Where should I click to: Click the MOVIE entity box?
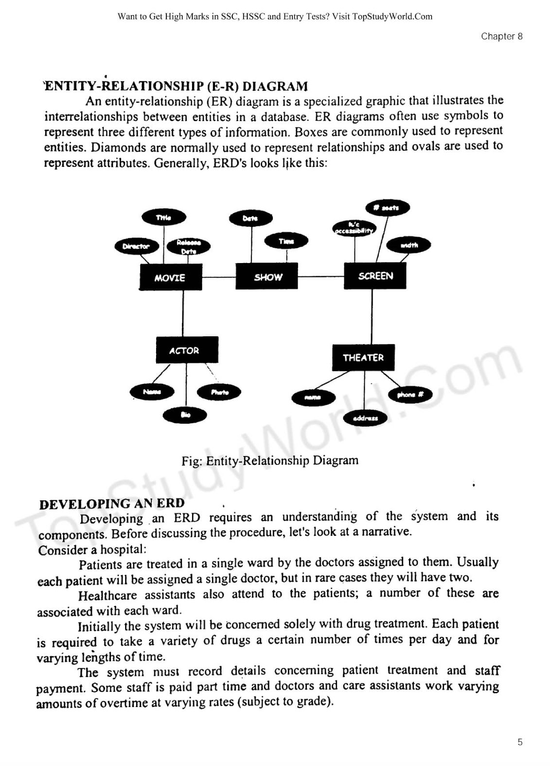click(170, 278)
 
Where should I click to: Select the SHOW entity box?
click(267, 277)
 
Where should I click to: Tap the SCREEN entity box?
click(375, 276)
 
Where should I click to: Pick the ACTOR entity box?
click(187, 350)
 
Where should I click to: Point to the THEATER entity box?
click(363, 357)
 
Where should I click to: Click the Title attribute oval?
click(164, 217)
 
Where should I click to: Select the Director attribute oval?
click(137, 246)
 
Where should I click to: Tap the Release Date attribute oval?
click(188, 247)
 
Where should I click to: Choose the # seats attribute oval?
click(388, 208)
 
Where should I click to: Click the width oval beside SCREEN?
click(409, 245)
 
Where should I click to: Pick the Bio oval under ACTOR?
click(185, 415)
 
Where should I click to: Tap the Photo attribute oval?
click(219, 392)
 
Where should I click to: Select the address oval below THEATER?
click(365, 418)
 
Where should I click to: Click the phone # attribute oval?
click(410, 394)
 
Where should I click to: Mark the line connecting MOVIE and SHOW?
click(219, 277)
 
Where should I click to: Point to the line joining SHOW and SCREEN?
click(321, 276)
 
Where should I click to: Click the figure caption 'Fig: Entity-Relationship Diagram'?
click(270, 460)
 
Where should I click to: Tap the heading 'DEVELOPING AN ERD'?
click(112, 503)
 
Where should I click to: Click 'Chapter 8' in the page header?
click(501, 36)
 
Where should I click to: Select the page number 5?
click(520, 742)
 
